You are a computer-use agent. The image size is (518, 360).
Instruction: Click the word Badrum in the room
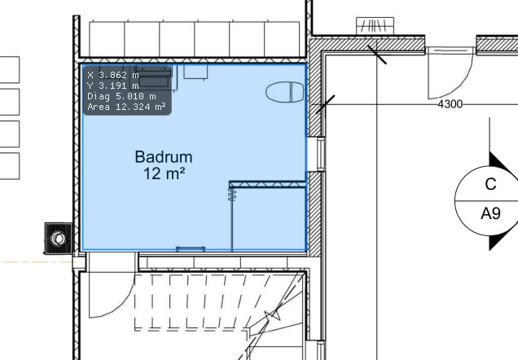164,157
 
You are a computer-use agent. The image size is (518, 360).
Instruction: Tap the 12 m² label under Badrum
164,173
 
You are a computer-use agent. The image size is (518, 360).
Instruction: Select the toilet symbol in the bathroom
285,92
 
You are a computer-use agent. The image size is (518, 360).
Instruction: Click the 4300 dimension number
450,104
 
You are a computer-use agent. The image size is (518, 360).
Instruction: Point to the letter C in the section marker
491,184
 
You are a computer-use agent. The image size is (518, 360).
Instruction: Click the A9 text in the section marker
490,213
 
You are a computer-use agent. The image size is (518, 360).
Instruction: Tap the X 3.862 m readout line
113,75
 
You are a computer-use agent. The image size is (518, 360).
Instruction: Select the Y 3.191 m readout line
113,86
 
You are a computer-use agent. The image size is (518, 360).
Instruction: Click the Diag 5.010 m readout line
121,96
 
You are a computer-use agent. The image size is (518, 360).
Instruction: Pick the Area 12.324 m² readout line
126,107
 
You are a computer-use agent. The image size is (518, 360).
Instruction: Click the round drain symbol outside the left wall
59,238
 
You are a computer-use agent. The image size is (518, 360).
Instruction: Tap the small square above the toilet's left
195,72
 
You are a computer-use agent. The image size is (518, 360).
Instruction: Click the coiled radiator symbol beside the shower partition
232,194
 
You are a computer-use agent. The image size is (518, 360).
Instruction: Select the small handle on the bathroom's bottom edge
191,248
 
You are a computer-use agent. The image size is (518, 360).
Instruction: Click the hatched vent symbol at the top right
375,26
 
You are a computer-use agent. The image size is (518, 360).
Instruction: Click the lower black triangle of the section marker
499,240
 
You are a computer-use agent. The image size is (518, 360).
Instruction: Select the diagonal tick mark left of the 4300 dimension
326,104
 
